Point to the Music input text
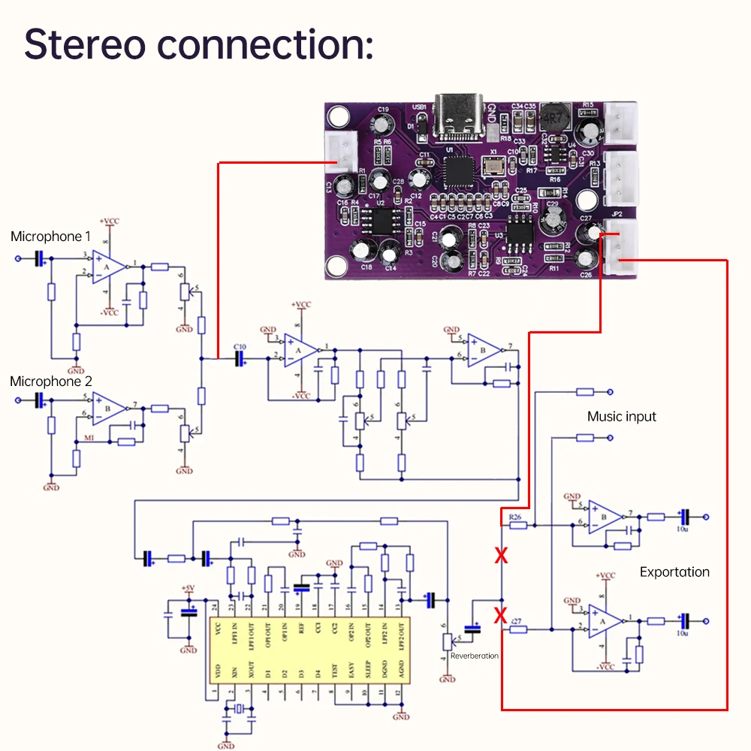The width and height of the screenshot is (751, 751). point(622,417)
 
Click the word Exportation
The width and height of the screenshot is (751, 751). point(674,572)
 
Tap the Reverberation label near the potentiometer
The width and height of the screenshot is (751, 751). point(475,656)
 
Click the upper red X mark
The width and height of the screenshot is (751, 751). point(501,556)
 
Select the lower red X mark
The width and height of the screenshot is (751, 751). point(501,616)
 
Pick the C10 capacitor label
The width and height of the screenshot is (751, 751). point(240,346)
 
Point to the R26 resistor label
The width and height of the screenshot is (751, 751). point(514,517)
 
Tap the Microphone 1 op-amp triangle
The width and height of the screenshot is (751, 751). point(108,266)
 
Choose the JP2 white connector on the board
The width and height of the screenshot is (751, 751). point(620,244)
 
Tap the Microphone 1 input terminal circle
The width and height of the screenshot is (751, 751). point(19,259)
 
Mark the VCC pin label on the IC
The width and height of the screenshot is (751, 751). point(218,629)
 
